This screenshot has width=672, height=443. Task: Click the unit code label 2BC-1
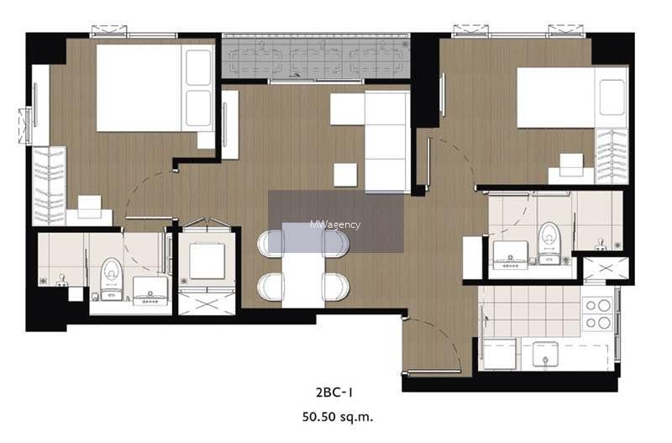[334, 393]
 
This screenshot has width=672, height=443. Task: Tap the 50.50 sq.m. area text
[338, 417]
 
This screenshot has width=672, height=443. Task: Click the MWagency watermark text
[335, 224]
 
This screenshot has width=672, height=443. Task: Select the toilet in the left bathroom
[112, 279]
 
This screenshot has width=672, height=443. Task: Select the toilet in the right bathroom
[549, 243]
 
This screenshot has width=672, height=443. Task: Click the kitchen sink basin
[545, 354]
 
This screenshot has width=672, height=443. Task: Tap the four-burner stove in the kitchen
[599, 314]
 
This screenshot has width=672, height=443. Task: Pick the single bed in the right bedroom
[572, 97]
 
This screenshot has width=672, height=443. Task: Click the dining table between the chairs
[303, 265]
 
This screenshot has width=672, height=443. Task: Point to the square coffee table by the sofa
[345, 175]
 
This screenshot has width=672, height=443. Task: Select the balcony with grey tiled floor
[316, 59]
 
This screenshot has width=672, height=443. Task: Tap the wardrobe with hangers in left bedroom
[49, 186]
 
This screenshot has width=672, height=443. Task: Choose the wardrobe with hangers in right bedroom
[612, 156]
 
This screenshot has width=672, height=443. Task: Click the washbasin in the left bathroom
[150, 291]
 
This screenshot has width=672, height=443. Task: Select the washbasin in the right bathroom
[511, 255]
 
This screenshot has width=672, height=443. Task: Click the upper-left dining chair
[270, 244]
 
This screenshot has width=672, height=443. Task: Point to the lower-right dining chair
[336, 287]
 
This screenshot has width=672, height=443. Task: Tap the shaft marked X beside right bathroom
[606, 269]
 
